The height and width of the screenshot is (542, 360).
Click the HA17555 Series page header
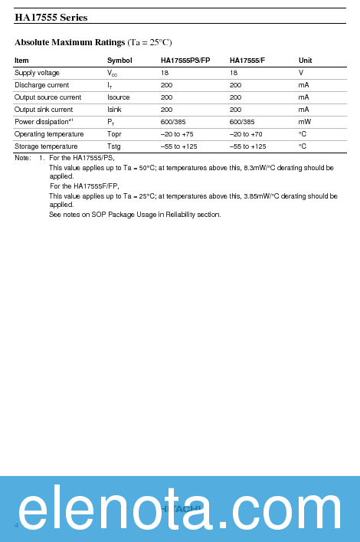[x=51, y=17]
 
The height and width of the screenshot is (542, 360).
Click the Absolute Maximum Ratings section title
[x=70, y=41]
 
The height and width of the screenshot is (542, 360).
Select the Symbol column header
[x=119, y=61]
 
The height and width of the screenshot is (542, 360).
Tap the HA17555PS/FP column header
[x=185, y=61]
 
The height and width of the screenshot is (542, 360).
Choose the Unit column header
[x=305, y=61]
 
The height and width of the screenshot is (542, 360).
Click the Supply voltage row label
[x=37, y=73]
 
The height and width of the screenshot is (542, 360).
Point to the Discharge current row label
[x=41, y=85]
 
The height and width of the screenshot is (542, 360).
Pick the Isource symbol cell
[x=119, y=97]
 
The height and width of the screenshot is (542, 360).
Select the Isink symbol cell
[x=114, y=110]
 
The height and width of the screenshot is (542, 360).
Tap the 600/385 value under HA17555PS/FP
[x=172, y=122]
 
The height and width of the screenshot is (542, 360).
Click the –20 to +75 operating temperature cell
[x=177, y=134]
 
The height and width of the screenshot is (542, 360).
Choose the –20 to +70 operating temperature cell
[x=246, y=134]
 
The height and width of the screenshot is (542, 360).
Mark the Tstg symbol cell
[x=114, y=146]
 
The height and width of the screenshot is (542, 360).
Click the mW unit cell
[x=304, y=122]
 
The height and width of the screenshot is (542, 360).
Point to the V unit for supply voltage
[x=301, y=73]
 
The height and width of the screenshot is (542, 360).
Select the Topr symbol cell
[x=114, y=134]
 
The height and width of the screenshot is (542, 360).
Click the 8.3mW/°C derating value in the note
[x=261, y=167]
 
